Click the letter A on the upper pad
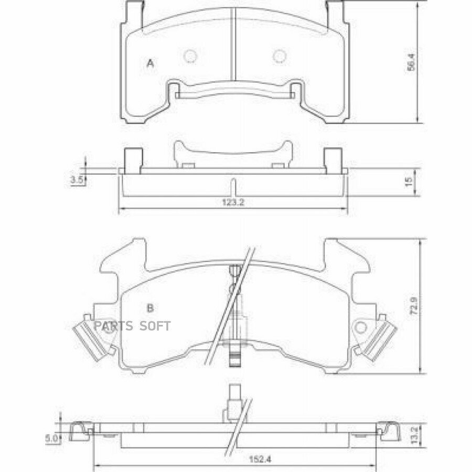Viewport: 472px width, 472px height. tap(150, 63)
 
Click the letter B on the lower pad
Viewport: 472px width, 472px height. tap(150, 308)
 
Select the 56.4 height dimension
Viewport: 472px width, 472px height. tap(411, 62)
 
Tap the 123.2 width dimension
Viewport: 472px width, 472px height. tap(233, 202)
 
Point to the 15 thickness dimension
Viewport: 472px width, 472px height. tap(409, 181)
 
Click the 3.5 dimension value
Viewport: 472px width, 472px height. tap(77, 180)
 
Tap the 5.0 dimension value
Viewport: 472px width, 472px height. tap(51, 438)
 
